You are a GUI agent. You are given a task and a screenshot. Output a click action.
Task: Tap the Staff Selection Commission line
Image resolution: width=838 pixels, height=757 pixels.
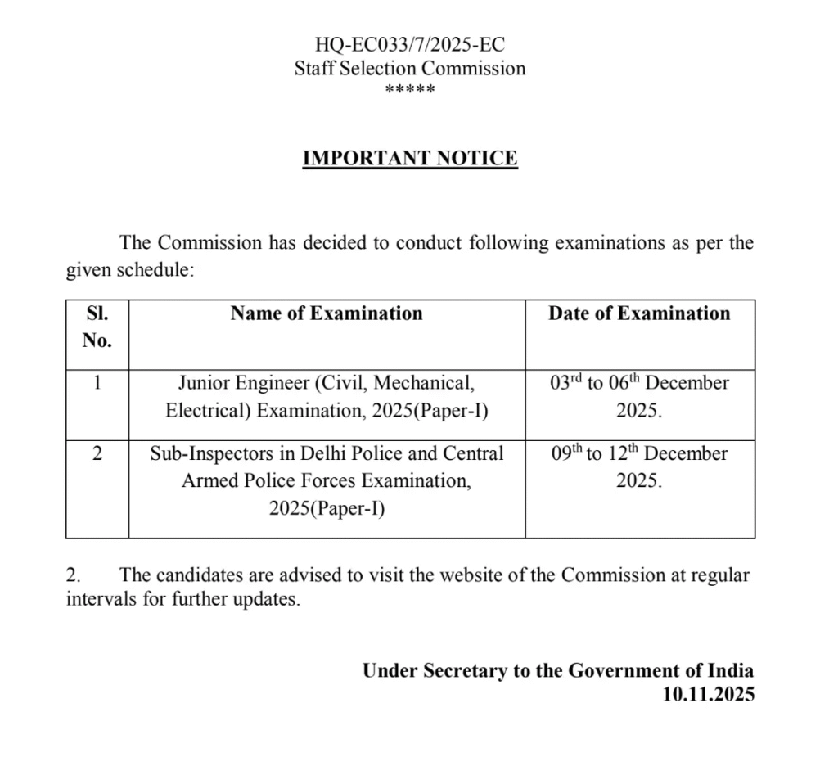(x=410, y=68)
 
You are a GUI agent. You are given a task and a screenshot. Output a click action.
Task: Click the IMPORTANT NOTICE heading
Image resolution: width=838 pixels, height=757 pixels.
(x=410, y=158)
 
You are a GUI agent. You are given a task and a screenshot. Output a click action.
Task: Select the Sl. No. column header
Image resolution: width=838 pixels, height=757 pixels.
(x=97, y=327)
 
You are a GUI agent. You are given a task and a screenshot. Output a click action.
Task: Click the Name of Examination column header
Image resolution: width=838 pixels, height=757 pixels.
(x=327, y=313)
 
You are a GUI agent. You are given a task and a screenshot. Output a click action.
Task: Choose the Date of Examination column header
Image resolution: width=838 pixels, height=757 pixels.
(x=639, y=313)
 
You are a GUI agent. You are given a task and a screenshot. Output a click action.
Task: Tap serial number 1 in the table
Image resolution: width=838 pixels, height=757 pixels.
(x=97, y=383)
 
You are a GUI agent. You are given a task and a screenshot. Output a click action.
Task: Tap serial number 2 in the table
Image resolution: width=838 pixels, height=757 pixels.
(x=97, y=453)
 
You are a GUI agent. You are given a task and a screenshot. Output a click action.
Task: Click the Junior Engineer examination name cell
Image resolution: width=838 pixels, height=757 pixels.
(x=327, y=396)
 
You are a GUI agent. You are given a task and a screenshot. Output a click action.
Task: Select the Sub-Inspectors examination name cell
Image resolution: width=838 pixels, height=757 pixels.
(x=327, y=480)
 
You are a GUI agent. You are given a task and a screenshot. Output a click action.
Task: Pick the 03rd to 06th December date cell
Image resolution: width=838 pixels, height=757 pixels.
(x=639, y=396)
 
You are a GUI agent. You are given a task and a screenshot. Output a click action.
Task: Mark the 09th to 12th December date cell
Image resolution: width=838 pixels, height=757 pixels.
(x=639, y=466)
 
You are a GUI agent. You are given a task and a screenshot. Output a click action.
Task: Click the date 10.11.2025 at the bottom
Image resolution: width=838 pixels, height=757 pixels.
(x=709, y=694)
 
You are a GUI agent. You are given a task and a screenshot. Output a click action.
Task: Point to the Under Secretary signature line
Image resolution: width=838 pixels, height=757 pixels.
(x=558, y=670)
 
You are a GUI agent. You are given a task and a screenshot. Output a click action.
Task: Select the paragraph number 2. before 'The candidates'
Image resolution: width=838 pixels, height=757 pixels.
(x=74, y=575)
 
